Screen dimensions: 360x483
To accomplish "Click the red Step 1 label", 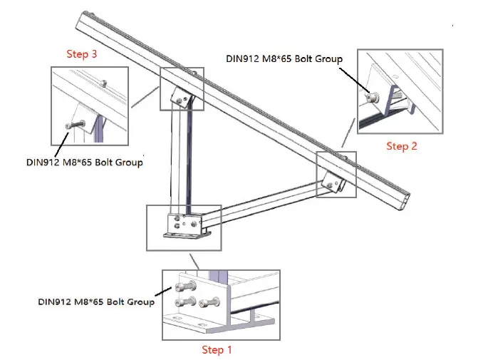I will (217, 349).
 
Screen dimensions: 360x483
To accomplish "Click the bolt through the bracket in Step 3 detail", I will (69, 125).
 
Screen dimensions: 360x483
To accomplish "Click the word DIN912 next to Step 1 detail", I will (54, 302).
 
